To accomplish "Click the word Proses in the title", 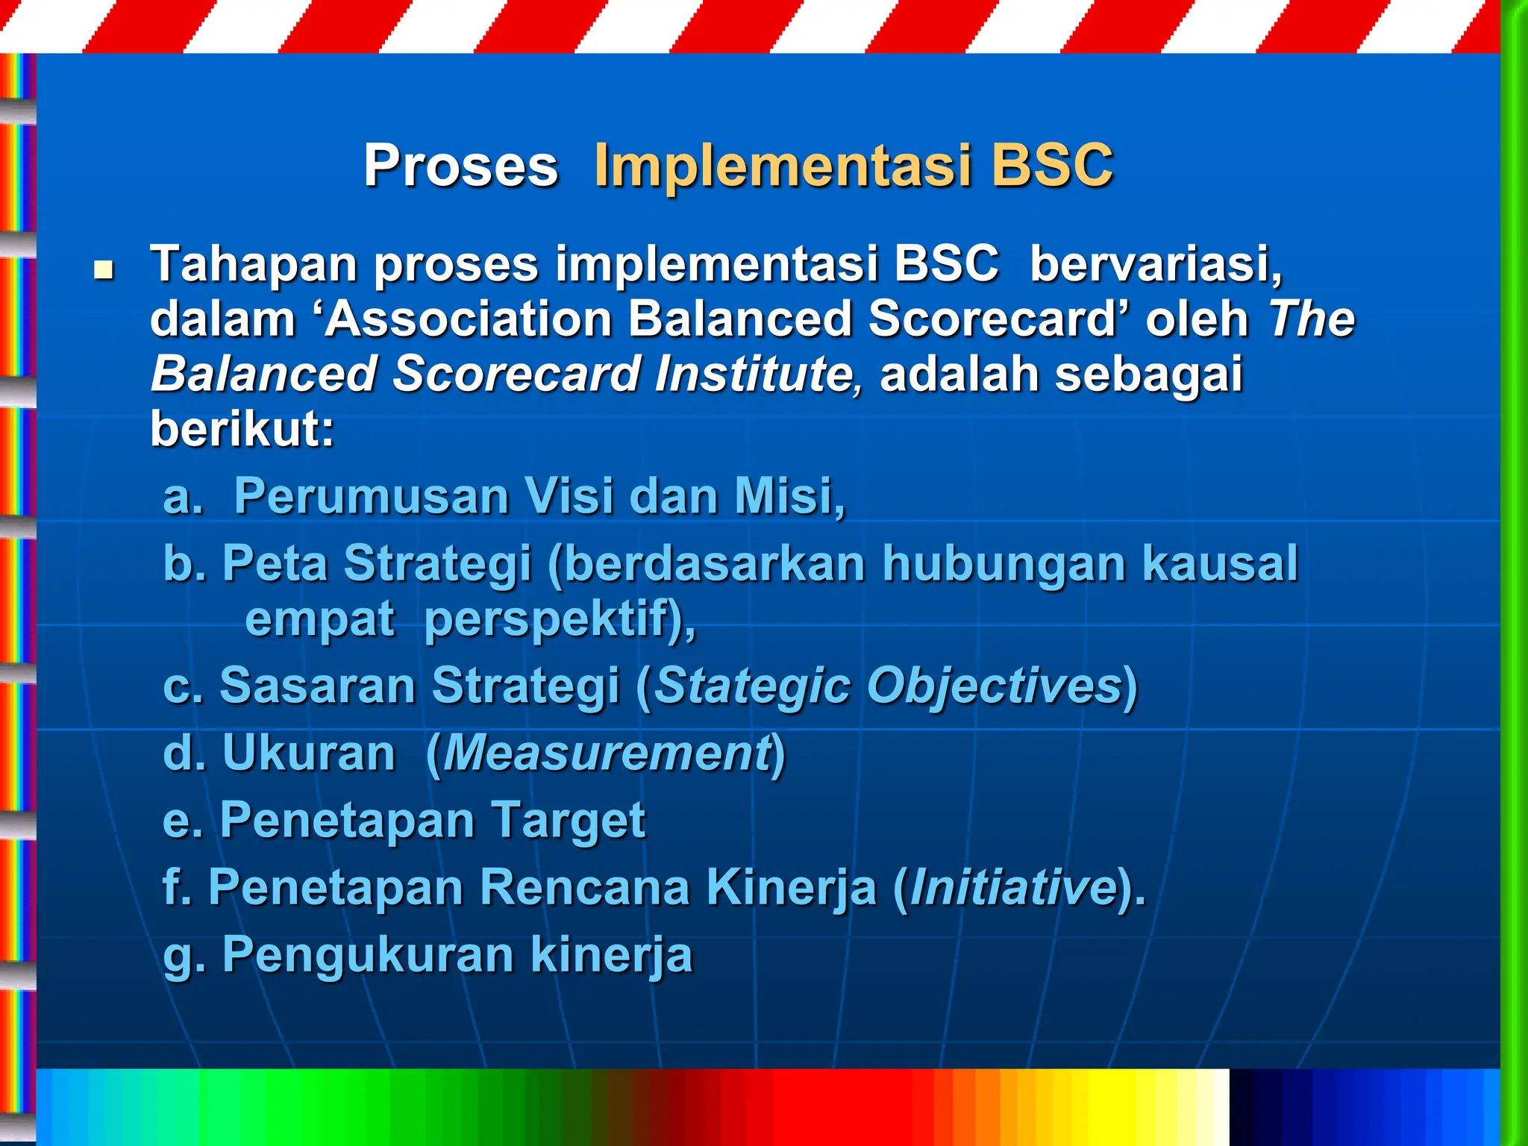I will pos(460,166).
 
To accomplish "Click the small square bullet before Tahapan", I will pos(103,269).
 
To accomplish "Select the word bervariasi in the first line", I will pos(1155,264).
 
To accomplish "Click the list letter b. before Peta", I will pos(184,563).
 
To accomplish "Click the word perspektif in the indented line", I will pos(552,619).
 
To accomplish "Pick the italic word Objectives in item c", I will pos(992,686).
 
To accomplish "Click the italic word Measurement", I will pos(607,754).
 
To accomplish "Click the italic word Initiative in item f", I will pos(1013,888).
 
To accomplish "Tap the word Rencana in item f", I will pos(583,888).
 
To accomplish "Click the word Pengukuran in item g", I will pos(368,955).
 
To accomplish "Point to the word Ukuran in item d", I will pos(308,754).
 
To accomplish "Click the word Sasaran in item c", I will pos(317,686).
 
